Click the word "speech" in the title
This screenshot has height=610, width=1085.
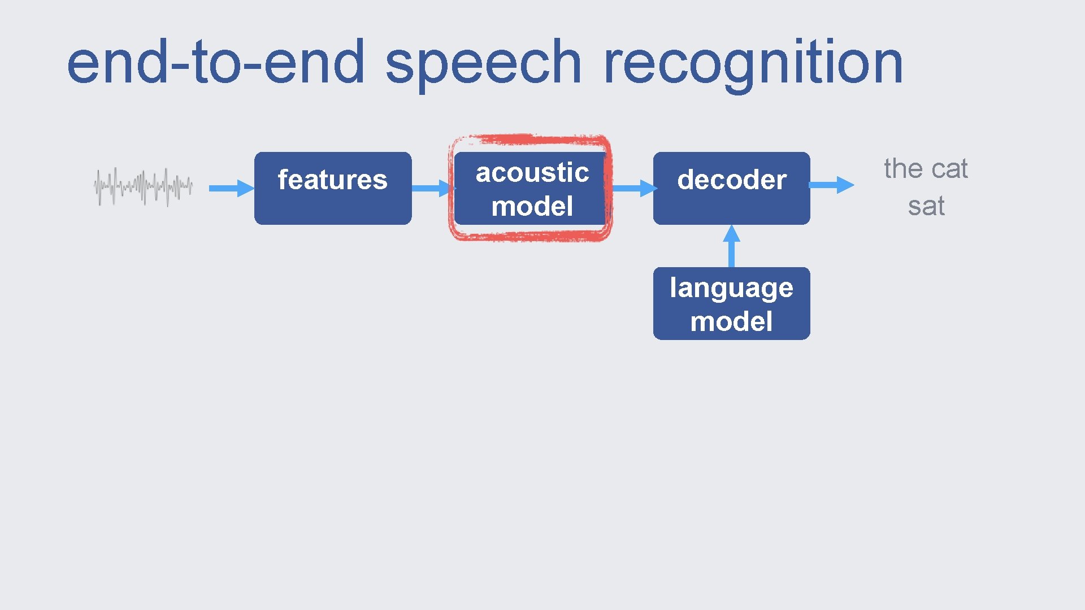pyautogui.click(x=483, y=63)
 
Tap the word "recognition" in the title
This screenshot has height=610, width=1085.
pyautogui.click(x=753, y=63)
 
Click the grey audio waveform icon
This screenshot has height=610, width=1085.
pyautogui.click(x=144, y=186)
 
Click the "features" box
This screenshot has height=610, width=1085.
pyautogui.click(x=333, y=188)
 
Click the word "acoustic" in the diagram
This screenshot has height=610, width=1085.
pyautogui.click(x=532, y=172)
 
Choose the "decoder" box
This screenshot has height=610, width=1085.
pyautogui.click(x=732, y=188)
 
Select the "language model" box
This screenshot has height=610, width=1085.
pyautogui.click(x=732, y=303)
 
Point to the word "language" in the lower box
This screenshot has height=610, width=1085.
pyautogui.click(x=732, y=288)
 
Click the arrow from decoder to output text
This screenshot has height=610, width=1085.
pyautogui.click(x=831, y=185)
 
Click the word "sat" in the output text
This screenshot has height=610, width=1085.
pyautogui.click(x=926, y=206)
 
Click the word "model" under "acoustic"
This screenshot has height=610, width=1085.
pyautogui.click(x=532, y=206)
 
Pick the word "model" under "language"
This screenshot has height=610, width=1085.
pyautogui.click(x=731, y=322)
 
